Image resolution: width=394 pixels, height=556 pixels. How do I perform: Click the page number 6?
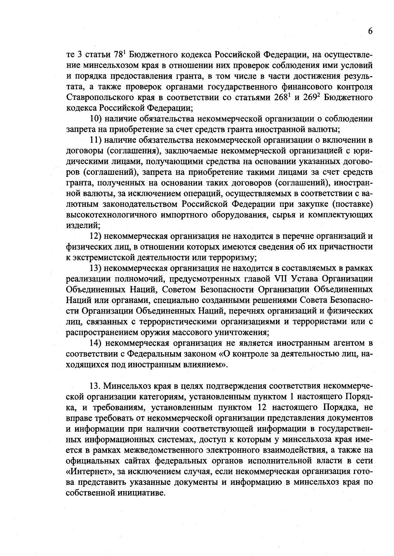(370, 31)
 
